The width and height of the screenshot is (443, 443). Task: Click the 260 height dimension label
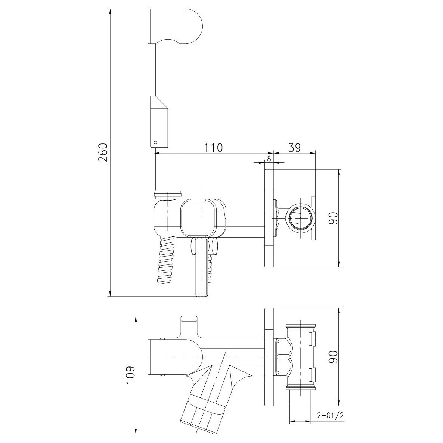103,152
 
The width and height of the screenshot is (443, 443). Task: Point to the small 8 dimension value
269,158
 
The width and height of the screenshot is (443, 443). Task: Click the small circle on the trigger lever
155,142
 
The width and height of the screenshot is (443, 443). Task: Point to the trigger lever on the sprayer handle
158,121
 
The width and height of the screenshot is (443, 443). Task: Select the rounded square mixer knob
203,217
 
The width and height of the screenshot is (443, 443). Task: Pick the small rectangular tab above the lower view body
189,319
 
